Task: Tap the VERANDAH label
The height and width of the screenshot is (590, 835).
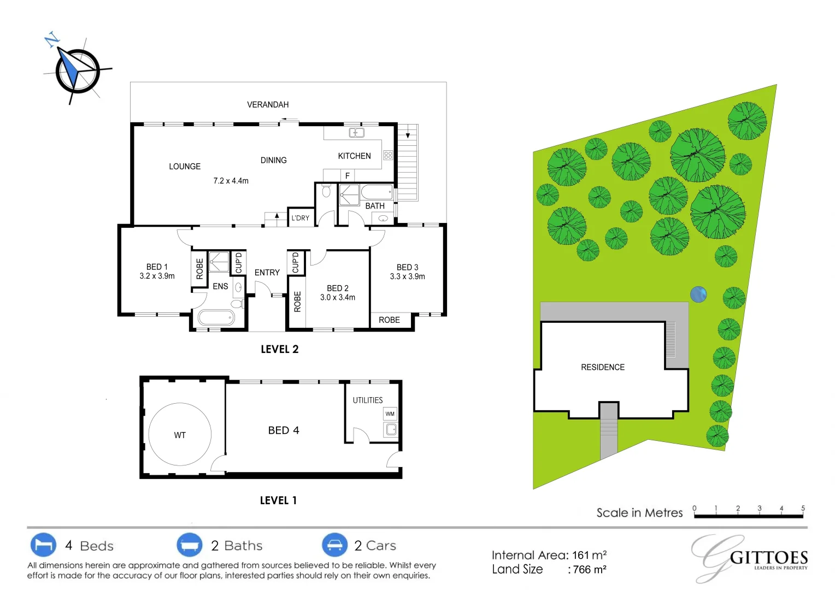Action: tap(268, 104)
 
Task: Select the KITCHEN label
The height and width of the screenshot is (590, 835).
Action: tap(354, 156)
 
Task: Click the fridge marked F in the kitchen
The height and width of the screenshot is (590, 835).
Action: tap(347, 175)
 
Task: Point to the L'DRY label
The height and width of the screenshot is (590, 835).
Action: tap(300, 218)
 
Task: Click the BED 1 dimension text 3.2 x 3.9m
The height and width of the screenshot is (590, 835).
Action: tap(157, 276)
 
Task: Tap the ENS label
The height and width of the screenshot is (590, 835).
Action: tap(220, 286)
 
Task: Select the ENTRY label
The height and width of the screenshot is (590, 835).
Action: tap(267, 273)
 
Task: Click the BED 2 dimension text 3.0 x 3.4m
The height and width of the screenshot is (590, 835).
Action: tap(337, 298)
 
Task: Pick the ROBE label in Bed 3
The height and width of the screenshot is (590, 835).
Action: tap(389, 320)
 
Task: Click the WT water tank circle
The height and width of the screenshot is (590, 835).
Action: tap(180, 435)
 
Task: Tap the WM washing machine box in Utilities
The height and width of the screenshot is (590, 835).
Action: tap(390, 414)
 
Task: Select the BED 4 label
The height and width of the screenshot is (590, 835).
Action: tap(284, 430)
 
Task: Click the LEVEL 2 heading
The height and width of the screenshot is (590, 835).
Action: tap(279, 350)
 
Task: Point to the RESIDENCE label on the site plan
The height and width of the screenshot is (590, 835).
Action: tap(602, 368)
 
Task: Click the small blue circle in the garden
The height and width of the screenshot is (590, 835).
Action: tap(698, 294)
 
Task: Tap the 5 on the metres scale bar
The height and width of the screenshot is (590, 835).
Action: tap(803, 508)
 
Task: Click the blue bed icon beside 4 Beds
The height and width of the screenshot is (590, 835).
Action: tap(43, 545)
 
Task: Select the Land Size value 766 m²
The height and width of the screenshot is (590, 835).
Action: tap(590, 570)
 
